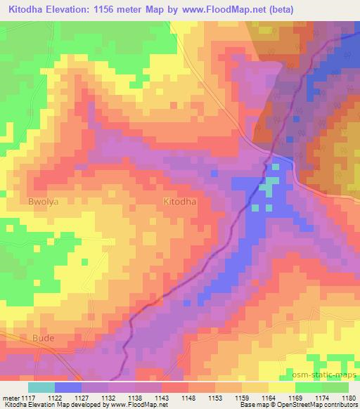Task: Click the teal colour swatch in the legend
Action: [x=41, y=387]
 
